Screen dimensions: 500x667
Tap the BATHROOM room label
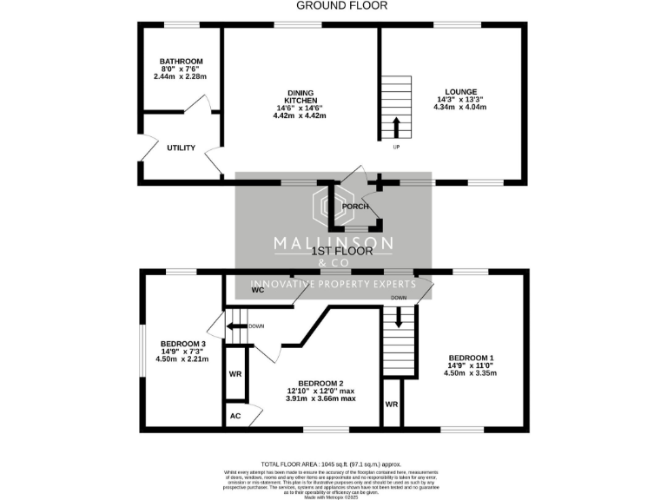click(x=181, y=62)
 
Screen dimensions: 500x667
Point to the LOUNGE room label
click(x=461, y=90)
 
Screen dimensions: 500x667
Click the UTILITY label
click(x=181, y=148)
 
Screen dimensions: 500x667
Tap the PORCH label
click(x=356, y=207)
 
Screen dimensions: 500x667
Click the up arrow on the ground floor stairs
click(x=396, y=128)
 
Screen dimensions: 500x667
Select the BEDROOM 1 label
click(x=472, y=358)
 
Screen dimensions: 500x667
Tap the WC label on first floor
click(x=257, y=291)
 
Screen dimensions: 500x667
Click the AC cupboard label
click(x=234, y=417)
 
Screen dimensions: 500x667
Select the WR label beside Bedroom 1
click(x=392, y=405)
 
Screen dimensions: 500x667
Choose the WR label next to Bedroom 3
click(x=234, y=373)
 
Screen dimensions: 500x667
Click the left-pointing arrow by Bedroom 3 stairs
click(x=235, y=327)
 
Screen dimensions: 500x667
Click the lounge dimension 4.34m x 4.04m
click(x=461, y=108)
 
